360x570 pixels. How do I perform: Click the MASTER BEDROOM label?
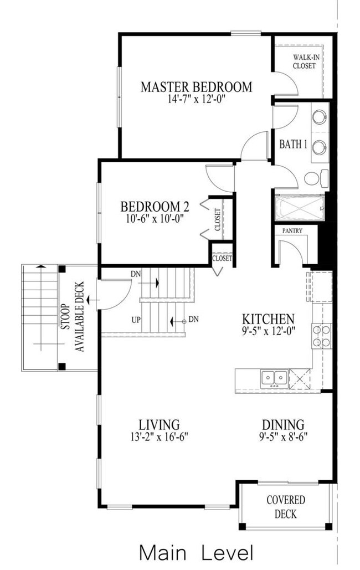tap(196, 88)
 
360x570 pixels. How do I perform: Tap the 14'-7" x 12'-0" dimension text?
tap(197, 99)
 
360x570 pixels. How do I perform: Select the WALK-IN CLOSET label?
tap(304, 61)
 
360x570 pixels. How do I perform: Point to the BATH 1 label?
tap(293, 145)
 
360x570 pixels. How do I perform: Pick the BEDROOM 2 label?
tap(155, 207)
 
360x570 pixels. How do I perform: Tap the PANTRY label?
tap(292, 231)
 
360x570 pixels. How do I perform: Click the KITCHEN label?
tap(268, 319)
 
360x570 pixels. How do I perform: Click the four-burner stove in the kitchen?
tap(321, 336)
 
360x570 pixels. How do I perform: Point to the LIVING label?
tap(160, 424)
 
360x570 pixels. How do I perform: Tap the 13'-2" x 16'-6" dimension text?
tap(159, 437)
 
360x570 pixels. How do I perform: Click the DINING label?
tap(283, 424)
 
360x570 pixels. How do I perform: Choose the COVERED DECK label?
tap(286, 507)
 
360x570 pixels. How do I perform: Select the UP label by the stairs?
tap(136, 320)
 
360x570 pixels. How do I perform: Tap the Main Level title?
tap(196, 553)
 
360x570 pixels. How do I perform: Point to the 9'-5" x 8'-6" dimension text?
tap(283, 437)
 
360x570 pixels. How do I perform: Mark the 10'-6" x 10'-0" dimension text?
tap(154, 218)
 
